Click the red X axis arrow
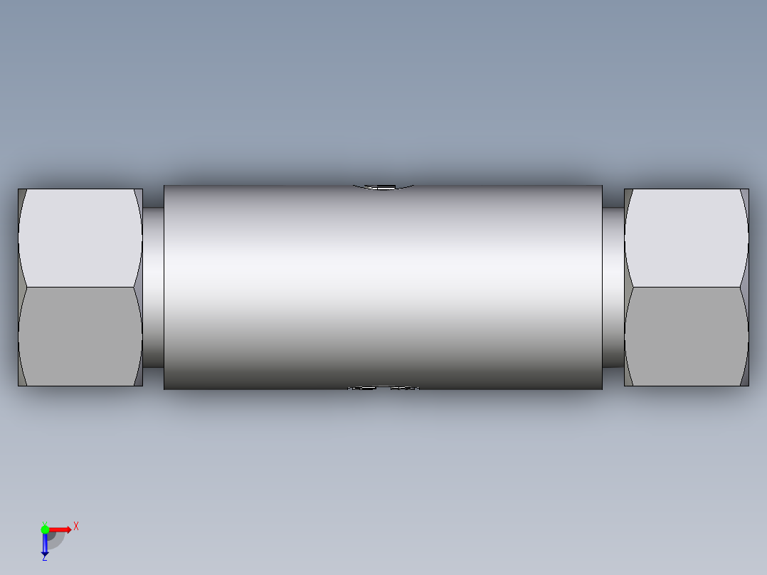60,529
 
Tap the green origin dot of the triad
45,529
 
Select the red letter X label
76,527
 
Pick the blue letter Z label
44,558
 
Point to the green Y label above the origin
44,522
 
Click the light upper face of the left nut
80,238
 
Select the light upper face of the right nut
686,238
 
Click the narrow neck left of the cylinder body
153,287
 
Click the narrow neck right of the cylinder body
613,287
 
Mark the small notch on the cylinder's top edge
384,187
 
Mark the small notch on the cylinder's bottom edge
383,388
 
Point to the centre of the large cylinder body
383,287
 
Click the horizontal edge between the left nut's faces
80,287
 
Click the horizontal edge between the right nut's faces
686,287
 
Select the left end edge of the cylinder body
164,287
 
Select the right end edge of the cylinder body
602,287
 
